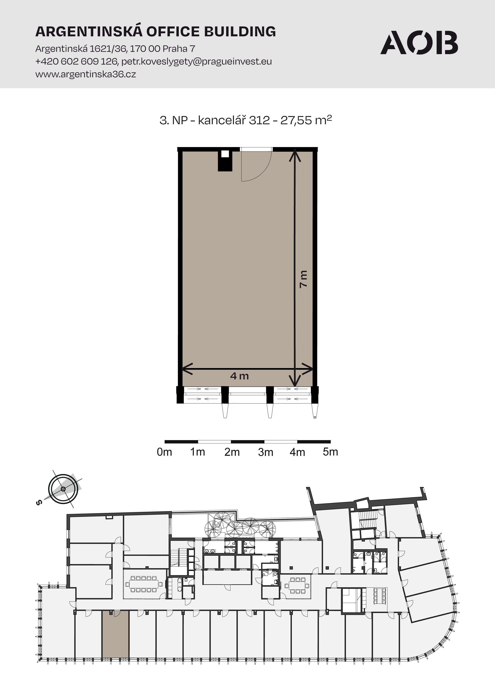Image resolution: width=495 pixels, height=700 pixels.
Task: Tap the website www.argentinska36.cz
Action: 86,74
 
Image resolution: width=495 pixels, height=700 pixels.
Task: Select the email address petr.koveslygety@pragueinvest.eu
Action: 197,62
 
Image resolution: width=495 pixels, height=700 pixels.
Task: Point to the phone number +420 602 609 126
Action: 76,62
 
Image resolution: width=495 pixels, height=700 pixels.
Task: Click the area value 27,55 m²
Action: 306,120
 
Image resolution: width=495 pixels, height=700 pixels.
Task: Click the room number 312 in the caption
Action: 259,120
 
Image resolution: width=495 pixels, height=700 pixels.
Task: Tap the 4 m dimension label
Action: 240,376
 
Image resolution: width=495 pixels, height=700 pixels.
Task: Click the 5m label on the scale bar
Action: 330,452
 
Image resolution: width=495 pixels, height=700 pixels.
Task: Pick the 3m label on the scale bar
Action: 265,452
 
